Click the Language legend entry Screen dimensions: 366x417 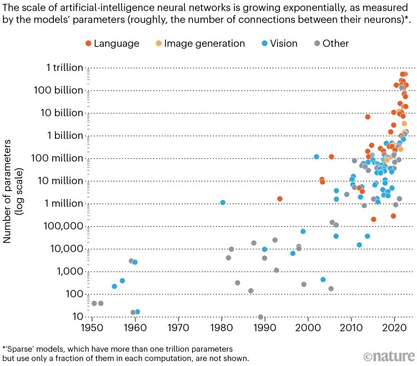[x=116, y=43]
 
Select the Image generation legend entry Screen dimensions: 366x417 [x=199, y=43]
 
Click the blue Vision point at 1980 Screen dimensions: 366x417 [x=223, y=202]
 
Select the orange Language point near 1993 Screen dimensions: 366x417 [x=280, y=198]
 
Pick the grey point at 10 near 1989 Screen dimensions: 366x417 [x=260, y=317]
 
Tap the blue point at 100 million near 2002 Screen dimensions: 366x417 [x=316, y=157]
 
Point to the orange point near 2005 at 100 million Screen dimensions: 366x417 [x=331, y=157]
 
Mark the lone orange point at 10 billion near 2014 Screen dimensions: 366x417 [x=368, y=117]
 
